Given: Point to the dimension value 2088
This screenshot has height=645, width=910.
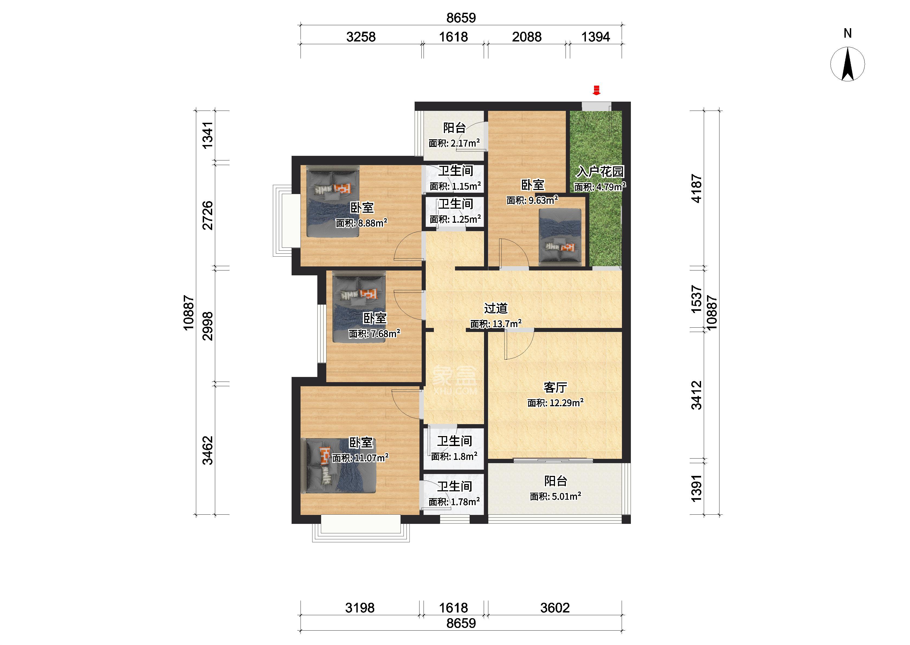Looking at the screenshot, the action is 527,37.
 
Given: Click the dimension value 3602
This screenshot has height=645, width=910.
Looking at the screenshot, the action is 555,608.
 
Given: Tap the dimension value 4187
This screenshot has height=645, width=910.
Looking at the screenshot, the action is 697,189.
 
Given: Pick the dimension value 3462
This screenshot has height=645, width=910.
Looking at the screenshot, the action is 208,450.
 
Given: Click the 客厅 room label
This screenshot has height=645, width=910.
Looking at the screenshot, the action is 555,387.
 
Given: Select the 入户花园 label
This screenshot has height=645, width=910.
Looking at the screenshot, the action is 600,172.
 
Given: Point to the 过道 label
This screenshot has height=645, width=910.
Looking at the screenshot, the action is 496,308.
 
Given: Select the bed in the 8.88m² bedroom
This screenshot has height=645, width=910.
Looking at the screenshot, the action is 333,201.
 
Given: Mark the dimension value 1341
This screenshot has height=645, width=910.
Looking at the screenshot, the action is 208,135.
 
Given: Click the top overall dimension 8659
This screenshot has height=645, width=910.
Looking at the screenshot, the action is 461,18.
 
